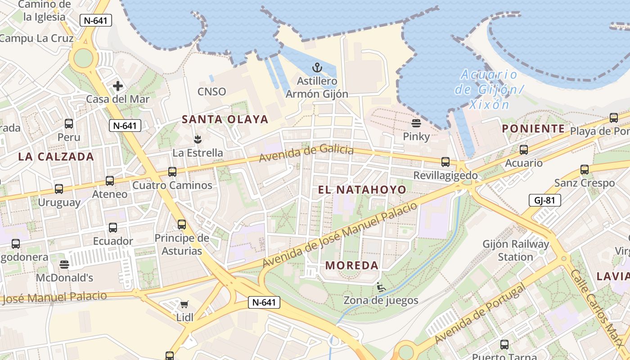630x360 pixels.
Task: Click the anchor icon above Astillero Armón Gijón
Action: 318,68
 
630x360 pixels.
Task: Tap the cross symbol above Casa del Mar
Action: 118,85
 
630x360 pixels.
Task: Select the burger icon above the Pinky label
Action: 416,123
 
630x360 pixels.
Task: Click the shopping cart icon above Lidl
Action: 184,304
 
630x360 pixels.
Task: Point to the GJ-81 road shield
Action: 545,200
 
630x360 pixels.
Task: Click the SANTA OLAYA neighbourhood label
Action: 225,119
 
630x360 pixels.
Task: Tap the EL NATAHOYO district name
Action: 362,189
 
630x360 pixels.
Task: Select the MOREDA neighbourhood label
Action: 352,265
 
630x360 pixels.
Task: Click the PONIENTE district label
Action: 534,129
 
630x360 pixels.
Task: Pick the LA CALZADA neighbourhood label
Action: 56,157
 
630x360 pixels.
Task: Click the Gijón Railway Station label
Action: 516,251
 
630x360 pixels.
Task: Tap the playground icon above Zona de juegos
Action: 381,287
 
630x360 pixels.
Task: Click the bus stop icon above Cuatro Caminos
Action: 172,171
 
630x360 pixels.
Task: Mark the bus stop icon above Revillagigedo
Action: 445,162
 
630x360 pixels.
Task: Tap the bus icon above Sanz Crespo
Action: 585,170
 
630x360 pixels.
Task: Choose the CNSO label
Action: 212,91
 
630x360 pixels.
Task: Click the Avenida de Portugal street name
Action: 480,313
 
